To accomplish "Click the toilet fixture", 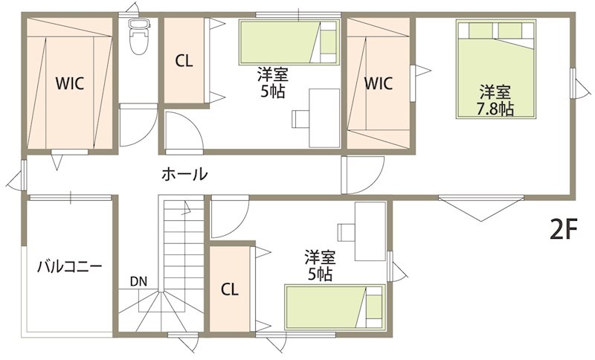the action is pyautogui.click(x=139, y=36).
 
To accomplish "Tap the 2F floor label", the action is pyautogui.click(x=564, y=230).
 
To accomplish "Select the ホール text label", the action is pyautogui.click(x=184, y=174).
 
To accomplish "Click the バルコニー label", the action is pyautogui.click(x=69, y=267).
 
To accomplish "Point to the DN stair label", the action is pyautogui.click(x=138, y=281).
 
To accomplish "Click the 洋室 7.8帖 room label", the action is pyautogui.click(x=495, y=100).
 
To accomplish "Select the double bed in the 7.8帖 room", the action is pyautogui.click(x=496, y=69).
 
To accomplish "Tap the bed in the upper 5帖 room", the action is pyautogui.click(x=289, y=42).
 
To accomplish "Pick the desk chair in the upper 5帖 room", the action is pyautogui.click(x=301, y=119).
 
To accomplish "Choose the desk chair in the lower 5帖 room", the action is pyautogui.click(x=346, y=232).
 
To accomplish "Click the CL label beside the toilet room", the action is pyautogui.click(x=184, y=61).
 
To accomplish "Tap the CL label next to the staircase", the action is pyautogui.click(x=230, y=290).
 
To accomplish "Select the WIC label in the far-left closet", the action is pyautogui.click(x=70, y=83).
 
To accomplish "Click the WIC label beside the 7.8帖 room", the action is pyautogui.click(x=379, y=83).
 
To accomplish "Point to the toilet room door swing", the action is pyautogui.click(x=138, y=125).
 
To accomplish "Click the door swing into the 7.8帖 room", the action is pyautogui.click(x=363, y=176).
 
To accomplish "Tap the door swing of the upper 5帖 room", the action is pyautogui.click(x=184, y=131).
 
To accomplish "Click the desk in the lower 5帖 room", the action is pyautogui.click(x=370, y=231).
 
